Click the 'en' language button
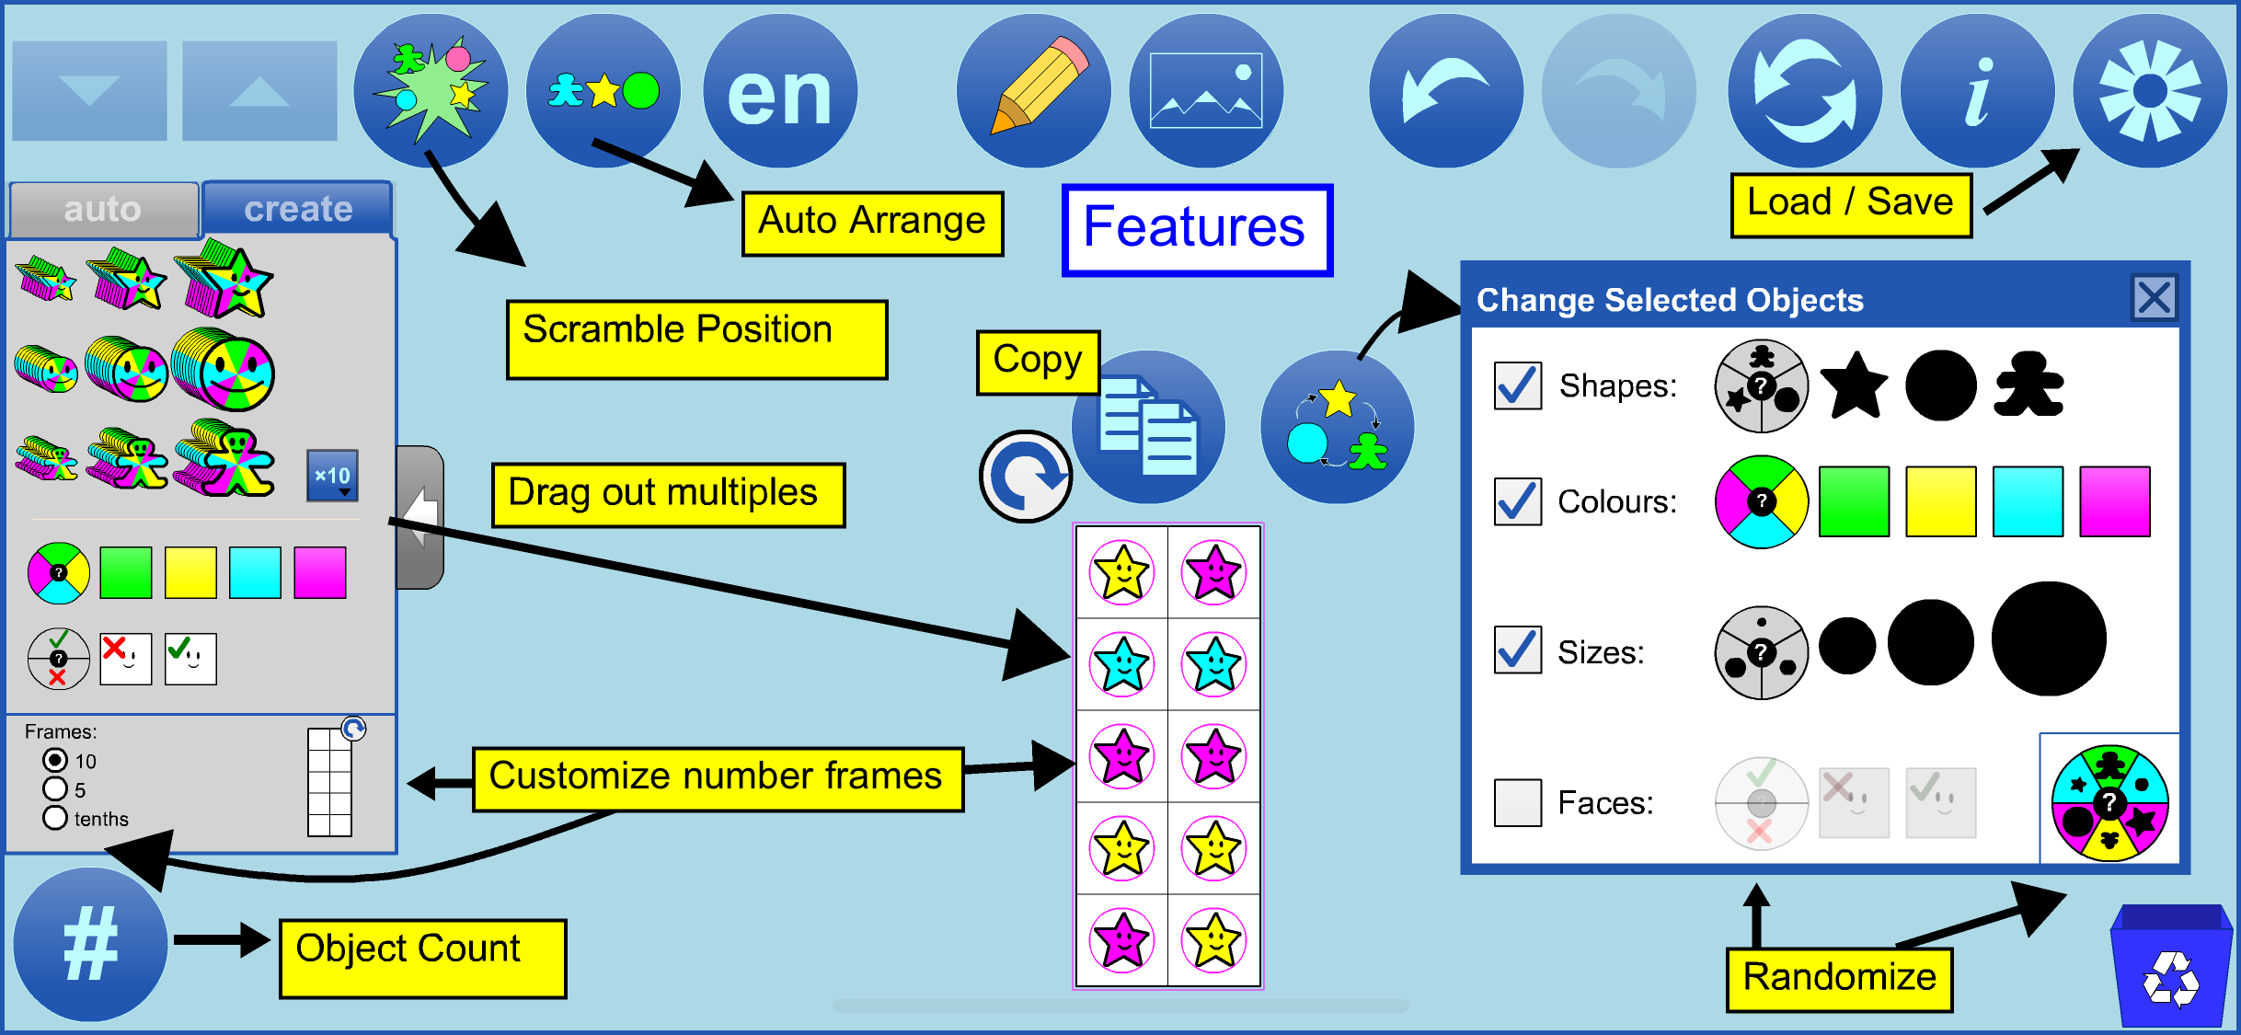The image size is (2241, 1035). point(780,91)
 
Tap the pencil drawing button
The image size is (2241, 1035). point(1034,91)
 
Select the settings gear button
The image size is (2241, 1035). point(2149,91)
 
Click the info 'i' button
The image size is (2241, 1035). point(1977,91)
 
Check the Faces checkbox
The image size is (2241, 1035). point(1518,802)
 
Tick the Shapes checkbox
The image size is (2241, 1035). point(1518,385)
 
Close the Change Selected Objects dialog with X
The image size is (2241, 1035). point(2154,299)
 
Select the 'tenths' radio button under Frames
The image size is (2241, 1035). point(55,818)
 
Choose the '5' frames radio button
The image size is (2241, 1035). point(55,789)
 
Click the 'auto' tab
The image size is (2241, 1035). point(103,210)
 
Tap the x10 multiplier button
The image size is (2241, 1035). point(332,476)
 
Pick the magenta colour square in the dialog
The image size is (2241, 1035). point(2114,501)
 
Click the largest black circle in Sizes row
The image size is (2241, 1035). point(2048,638)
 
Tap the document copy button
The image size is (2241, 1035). point(1149,427)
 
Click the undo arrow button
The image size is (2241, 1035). point(1445,91)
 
